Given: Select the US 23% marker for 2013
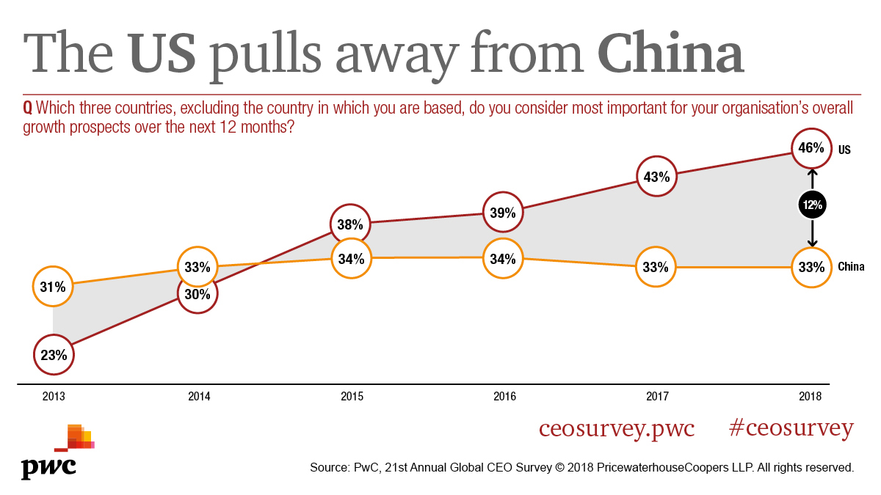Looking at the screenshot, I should [x=54, y=356].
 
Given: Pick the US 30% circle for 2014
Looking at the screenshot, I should [x=197, y=293].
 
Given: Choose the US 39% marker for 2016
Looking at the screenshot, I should [x=503, y=213].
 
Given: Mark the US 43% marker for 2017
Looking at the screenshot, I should [x=656, y=177].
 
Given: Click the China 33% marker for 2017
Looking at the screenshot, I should [x=656, y=268].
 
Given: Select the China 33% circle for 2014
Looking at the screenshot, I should [x=197, y=267].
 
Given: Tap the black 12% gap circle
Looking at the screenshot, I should [x=812, y=205].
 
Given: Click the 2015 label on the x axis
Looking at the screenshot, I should [x=352, y=397].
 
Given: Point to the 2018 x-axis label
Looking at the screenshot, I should [x=811, y=397].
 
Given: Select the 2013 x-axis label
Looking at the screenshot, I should [x=54, y=397].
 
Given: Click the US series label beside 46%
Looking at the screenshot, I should [x=844, y=150].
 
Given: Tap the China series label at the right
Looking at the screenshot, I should [x=851, y=268].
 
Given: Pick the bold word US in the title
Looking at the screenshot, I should [x=162, y=54].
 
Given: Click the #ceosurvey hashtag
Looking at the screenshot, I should [x=791, y=428].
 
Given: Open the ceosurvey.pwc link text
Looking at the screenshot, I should [x=616, y=428].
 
